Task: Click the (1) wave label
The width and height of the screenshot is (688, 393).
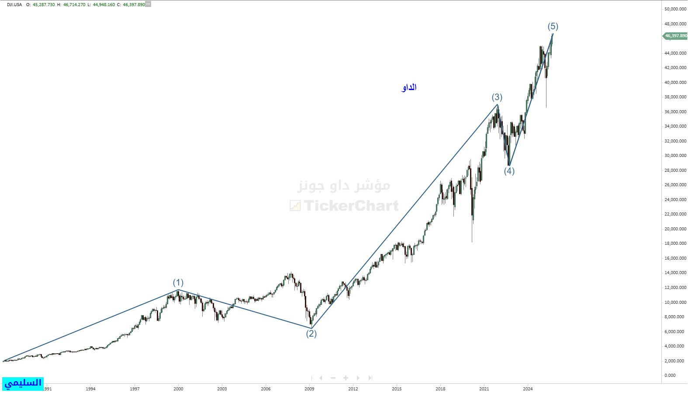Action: coord(178,283)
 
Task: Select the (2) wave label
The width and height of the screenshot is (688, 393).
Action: coord(311,334)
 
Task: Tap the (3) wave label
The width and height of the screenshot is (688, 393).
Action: coord(497,97)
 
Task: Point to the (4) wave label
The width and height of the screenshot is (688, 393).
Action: coord(509,171)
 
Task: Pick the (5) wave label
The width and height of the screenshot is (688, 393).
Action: coord(553,27)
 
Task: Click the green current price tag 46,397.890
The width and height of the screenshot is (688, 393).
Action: coord(675,36)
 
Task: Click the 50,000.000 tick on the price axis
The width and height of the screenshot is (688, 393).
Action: coord(675,9)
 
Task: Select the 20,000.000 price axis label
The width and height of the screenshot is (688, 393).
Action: coord(675,229)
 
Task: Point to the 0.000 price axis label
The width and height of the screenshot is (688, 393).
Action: coord(670,376)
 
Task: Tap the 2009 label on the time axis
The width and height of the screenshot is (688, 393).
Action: coord(309,389)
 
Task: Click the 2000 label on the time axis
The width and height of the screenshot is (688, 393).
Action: coord(178,389)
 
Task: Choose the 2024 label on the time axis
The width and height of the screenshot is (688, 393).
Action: coord(528,389)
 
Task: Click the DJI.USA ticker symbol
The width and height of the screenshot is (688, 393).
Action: coord(14,5)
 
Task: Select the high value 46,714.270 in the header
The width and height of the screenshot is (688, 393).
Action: coord(74,5)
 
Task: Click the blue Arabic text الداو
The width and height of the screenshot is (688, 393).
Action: coord(409,87)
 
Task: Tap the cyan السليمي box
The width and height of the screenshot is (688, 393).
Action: coord(23,383)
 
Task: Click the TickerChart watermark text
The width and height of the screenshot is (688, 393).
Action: coord(351,205)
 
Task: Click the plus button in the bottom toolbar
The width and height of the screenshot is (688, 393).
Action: coord(346,378)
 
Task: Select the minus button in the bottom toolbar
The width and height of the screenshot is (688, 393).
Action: coord(333,378)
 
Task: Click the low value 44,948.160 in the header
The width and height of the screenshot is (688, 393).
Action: coord(104,5)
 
